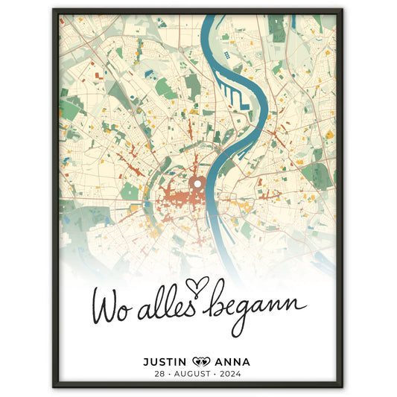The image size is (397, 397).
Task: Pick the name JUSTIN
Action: [165, 362]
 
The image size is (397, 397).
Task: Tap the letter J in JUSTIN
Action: [146, 362]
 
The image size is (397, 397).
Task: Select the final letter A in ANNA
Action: [246, 362]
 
